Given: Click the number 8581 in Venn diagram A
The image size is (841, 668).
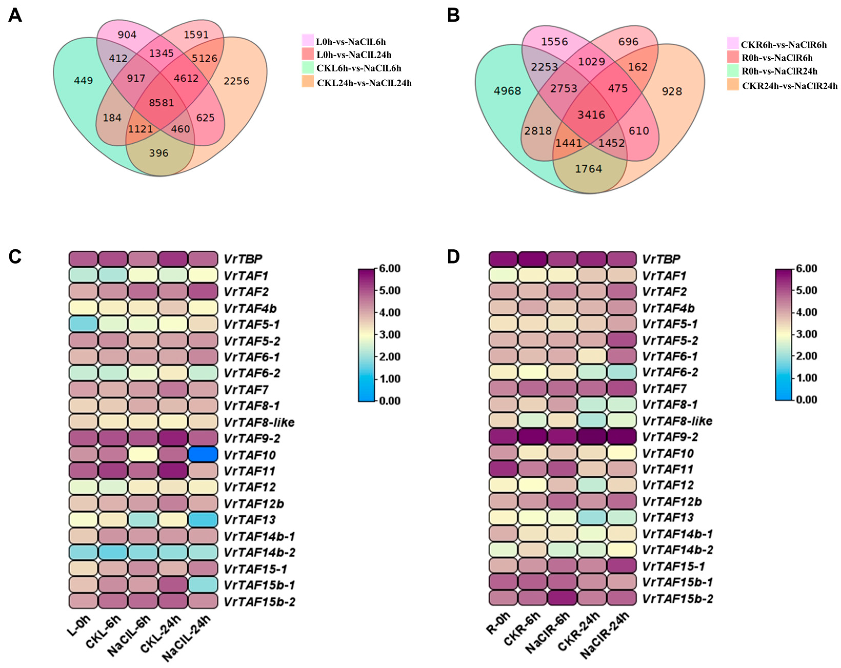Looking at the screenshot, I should [162, 103].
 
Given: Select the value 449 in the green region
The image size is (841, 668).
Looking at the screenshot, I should [84, 81].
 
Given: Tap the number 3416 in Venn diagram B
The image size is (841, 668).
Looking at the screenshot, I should [591, 115].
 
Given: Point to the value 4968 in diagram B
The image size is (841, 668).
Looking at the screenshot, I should [507, 91].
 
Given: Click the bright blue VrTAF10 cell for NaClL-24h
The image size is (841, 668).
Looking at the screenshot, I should [203, 454].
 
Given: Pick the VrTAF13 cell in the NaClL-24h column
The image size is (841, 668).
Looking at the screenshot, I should [203, 519].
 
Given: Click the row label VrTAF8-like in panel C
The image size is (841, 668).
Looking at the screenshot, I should [259, 422].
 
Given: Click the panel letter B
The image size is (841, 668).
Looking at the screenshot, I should [453, 16].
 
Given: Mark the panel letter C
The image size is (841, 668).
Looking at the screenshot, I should [15, 257].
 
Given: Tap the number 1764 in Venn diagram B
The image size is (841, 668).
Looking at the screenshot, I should [589, 169].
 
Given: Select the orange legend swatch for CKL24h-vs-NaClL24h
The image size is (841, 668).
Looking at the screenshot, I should [308, 82].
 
